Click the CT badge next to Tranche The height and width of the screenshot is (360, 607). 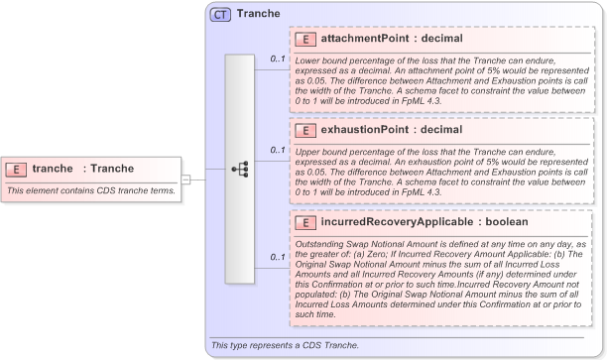point(220,15)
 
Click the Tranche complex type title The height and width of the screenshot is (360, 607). point(258,15)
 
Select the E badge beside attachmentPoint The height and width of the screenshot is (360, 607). point(306,38)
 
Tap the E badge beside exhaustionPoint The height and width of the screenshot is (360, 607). point(306,130)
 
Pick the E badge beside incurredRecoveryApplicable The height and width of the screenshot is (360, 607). point(306,222)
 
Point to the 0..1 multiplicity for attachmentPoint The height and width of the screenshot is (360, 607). point(278,60)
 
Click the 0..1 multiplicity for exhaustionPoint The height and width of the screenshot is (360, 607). point(278,151)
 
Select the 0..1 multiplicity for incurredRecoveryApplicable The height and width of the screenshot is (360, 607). point(278,258)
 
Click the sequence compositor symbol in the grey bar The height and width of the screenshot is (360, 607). point(240,169)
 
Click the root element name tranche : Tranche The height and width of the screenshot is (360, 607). point(76,169)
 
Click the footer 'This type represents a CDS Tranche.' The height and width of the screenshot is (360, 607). point(285,345)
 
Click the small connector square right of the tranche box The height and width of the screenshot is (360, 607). point(185,180)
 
